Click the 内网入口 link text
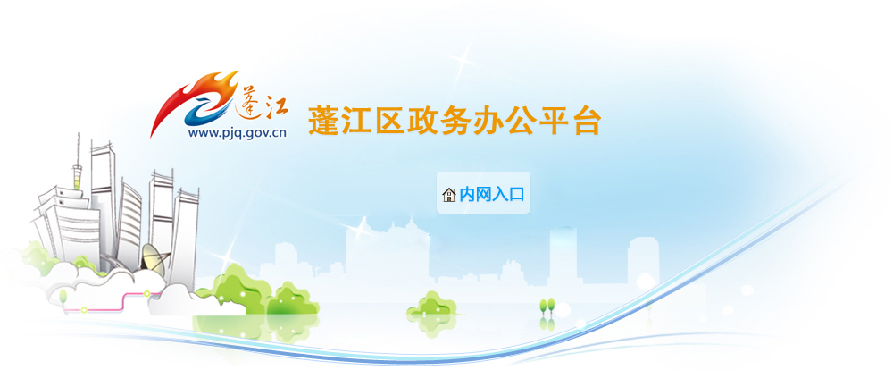(x=491, y=195)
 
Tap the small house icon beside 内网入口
(x=449, y=195)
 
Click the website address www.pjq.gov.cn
(x=237, y=133)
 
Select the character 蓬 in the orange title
(x=324, y=121)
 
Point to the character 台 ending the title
(x=587, y=121)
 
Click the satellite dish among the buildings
(x=154, y=257)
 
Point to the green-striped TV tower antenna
(x=77, y=171)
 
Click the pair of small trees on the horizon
(x=547, y=306)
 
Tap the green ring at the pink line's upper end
(x=147, y=294)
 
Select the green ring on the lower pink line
(x=84, y=310)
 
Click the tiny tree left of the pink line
(x=63, y=298)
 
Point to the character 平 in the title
(x=554, y=121)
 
